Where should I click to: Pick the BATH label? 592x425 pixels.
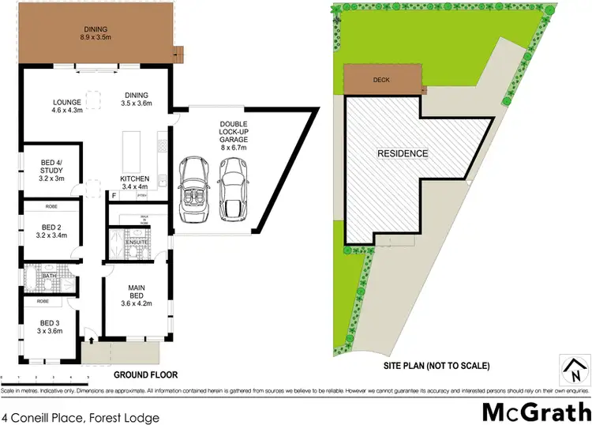37,276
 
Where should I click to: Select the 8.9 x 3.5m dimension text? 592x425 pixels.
97,36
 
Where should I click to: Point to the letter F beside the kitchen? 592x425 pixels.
114,194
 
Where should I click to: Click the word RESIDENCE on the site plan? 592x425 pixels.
402,153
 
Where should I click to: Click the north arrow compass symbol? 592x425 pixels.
575,367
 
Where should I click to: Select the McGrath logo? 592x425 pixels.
538,412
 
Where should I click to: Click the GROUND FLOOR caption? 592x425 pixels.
146,374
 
